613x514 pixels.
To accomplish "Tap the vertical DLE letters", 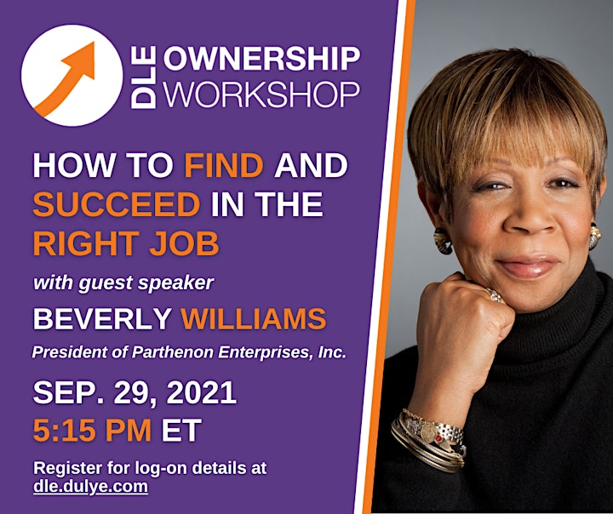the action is pyautogui.click(x=143, y=77).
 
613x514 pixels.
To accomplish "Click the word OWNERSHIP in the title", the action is pyautogui.click(x=261, y=59).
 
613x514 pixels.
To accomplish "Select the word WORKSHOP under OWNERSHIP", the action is pyautogui.click(x=261, y=94).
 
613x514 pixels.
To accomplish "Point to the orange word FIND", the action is pyautogui.click(x=224, y=165).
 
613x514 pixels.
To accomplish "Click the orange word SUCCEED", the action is pyautogui.click(x=117, y=204).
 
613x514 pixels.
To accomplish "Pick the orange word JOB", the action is pyautogui.click(x=184, y=243).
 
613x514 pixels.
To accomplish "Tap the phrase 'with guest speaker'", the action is pyautogui.click(x=123, y=283).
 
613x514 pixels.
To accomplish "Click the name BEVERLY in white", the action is pyautogui.click(x=102, y=318).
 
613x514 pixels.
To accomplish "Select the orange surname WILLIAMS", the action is pyautogui.click(x=254, y=318).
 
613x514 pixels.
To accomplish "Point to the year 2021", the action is pyautogui.click(x=201, y=392).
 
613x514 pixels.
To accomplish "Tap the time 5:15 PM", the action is pyautogui.click(x=92, y=430).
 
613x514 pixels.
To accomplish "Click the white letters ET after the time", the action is pyautogui.click(x=182, y=430).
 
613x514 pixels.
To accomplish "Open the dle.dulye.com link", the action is pyautogui.click(x=91, y=487).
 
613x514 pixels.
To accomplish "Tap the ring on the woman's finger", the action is pyautogui.click(x=493, y=295).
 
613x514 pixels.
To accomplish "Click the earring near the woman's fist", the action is pyautogui.click(x=443, y=241).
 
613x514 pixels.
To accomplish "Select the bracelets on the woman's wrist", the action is pyautogui.click(x=428, y=440).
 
